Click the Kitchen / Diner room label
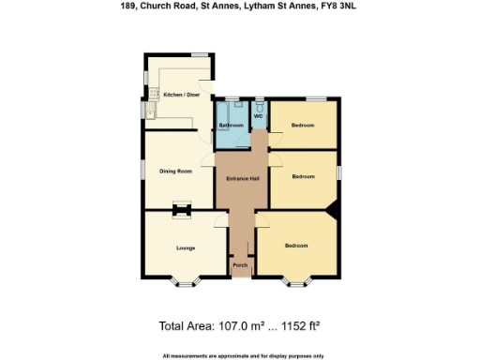point(182,95)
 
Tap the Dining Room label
point(176,171)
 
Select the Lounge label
point(185,247)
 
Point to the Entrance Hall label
point(242,178)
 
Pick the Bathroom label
point(232,125)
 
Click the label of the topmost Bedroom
point(302,125)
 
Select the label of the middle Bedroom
point(303,175)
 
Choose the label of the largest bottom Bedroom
point(296,246)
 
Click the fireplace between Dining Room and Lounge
point(181,210)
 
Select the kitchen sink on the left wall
point(149,113)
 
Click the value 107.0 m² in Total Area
point(238,327)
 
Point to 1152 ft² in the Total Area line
point(300,327)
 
